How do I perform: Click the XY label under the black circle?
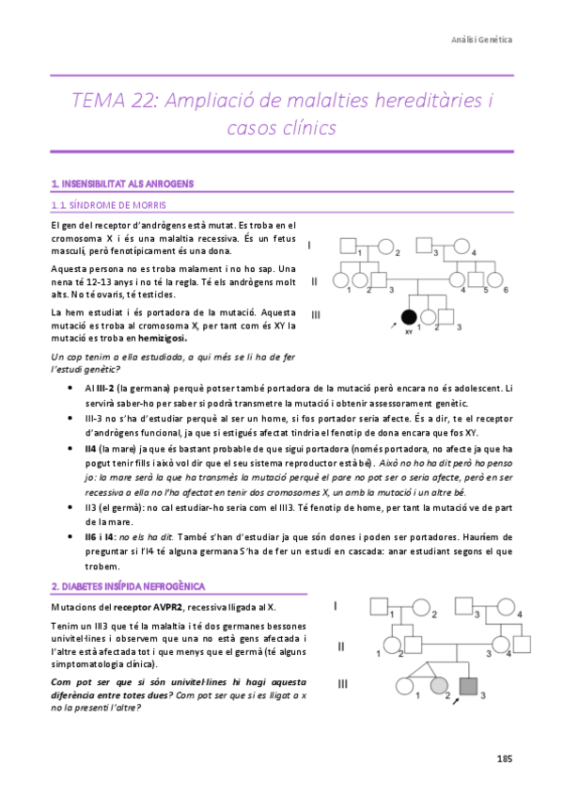[409, 332]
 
